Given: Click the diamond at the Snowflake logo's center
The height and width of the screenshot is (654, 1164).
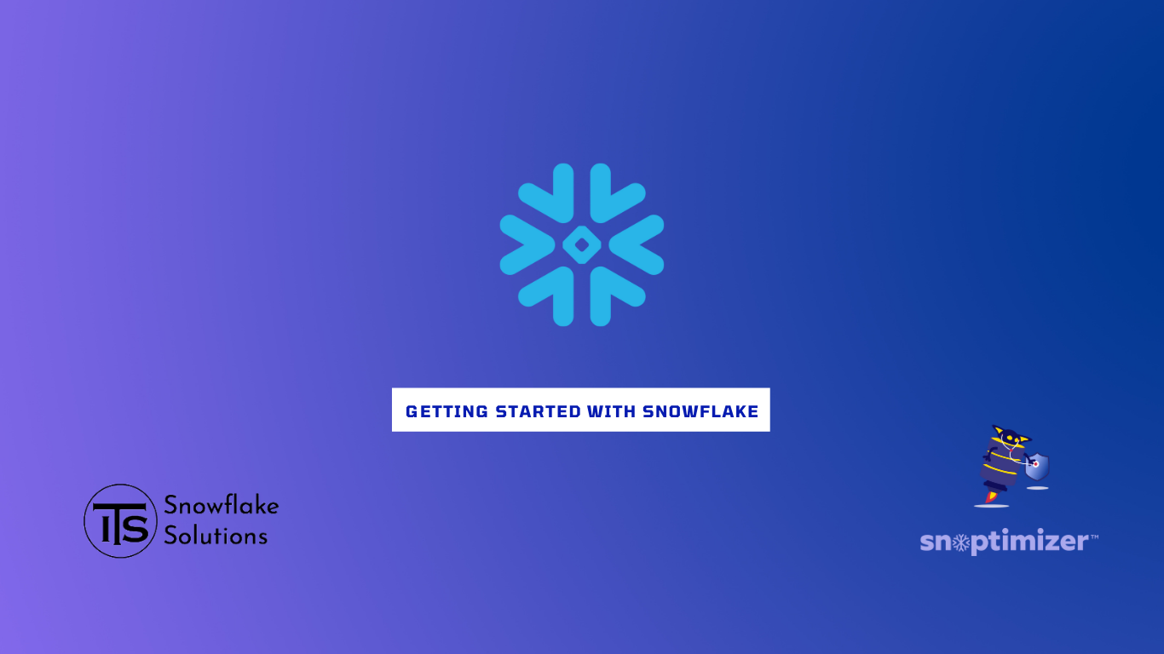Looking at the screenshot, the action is (582, 244).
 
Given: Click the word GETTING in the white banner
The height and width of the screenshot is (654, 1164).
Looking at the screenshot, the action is (447, 411).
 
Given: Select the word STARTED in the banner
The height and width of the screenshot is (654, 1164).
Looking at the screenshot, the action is (539, 411).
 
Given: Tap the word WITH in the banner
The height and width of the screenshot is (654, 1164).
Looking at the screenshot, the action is (612, 411).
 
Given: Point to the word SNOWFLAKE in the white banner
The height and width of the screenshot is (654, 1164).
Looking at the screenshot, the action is (700, 411).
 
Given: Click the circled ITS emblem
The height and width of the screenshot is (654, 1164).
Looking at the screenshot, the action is (120, 521).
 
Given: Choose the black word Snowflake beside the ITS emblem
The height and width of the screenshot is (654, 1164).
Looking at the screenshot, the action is (222, 506).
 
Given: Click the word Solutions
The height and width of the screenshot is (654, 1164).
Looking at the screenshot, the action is (216, 536).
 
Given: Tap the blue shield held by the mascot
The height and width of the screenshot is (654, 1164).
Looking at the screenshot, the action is (1037, 467).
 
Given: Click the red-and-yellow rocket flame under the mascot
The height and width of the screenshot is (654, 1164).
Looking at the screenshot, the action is (991, 496).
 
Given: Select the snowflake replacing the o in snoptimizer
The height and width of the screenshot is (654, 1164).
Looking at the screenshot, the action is (961, 542).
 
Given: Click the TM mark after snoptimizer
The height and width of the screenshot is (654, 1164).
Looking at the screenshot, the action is (1093, 537).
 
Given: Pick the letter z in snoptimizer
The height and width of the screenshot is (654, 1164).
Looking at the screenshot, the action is (1046, 542).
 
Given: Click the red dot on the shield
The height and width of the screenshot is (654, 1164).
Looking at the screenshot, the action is (1035, 464).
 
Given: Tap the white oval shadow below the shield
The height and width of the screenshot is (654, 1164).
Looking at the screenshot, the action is (1037, 488).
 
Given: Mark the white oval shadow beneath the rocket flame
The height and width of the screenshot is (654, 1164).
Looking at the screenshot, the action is (992, 506).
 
